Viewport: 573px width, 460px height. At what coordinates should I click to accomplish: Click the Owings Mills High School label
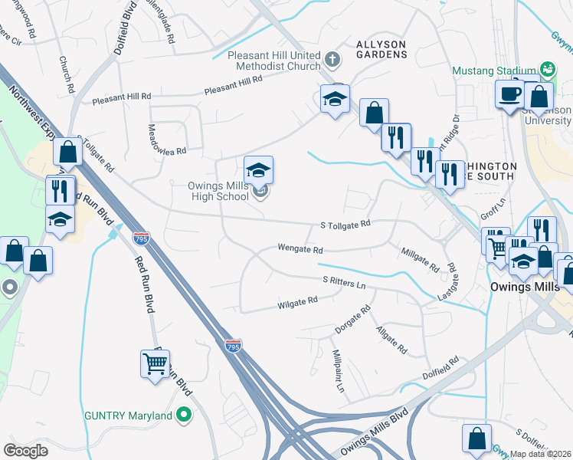pyautogui.click(x=219, y=191)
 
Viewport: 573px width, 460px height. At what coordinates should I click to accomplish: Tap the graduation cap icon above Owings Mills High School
pyautogui.click(x=259, y=169)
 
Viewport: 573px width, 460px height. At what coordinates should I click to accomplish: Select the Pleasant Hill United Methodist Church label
pyautogui.click(x=275, y=61)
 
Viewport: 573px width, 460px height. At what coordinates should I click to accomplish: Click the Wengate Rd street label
pyautogui.click(x=300, y=250)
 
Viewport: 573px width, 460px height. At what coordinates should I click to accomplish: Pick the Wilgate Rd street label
pyautogui.click(x=297, y=303)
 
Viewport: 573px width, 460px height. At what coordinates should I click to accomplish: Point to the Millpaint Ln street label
pyautogui.click(x=337, y=371)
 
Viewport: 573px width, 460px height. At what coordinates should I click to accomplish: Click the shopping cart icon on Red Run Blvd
pyautogui.click(x=156, y=364)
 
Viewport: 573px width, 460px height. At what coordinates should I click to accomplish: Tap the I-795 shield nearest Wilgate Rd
pyautogui.click(x=234, y=346)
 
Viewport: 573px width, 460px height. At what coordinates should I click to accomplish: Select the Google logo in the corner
pyautogui.click(x=25, y=450)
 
